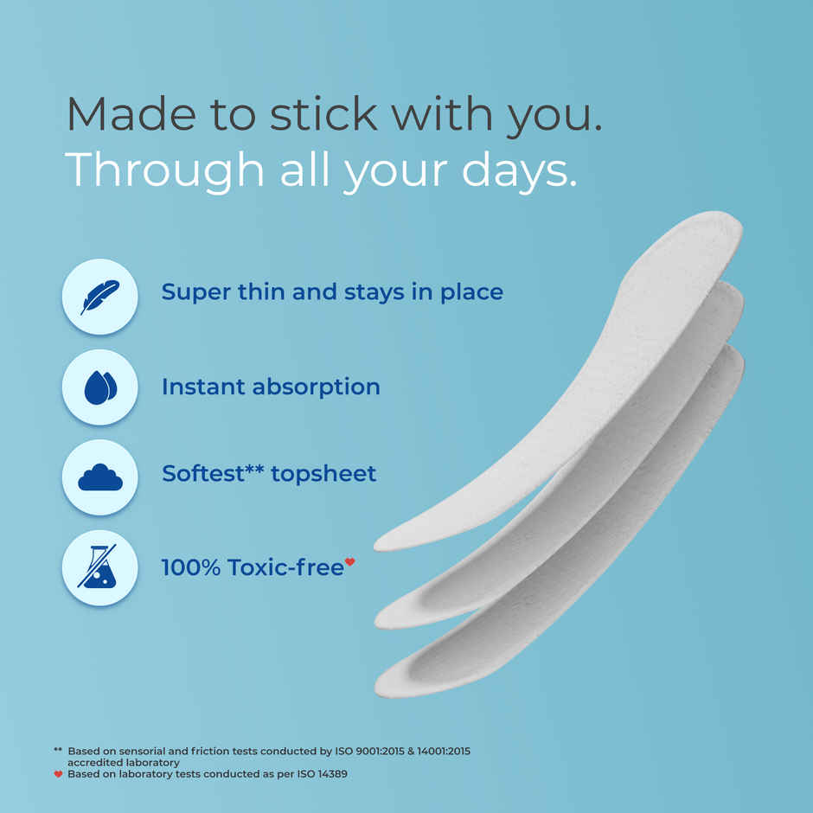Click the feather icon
(100, 297)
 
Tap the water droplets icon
(100, 387)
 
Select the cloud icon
(100, 477)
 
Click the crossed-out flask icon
(100, 568)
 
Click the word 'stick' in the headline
(323, 114)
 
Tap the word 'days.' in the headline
(518, 169)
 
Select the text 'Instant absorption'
(271, 387)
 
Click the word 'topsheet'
(323, 474)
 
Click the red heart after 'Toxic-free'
(349, 562)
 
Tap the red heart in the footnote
(58, 774)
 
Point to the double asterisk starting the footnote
(58, 751)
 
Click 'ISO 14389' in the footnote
(321, 774)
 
